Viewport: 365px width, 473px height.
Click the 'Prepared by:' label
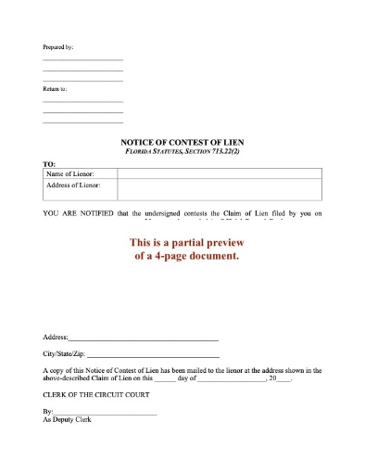click(58, 46)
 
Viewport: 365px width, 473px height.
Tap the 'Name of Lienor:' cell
click(69, 173)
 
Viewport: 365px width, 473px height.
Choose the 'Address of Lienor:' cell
click(73, 185)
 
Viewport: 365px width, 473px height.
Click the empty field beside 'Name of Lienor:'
click(216, 173)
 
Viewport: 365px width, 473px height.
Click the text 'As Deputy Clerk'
click(68, 420)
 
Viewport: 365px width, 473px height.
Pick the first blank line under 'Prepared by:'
click(82, 60)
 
